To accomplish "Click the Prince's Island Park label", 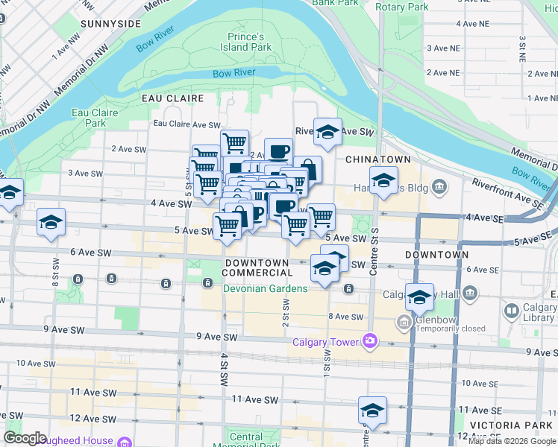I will tap(250, 41).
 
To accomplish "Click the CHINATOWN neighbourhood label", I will tap(374, 159).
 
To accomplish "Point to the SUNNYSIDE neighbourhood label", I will tap(110, 24).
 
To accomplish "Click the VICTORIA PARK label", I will tap(518, 425).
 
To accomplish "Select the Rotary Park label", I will tap(402, 7).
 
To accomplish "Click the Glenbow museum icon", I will tap(404, 323).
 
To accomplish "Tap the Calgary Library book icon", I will tap(512, 310).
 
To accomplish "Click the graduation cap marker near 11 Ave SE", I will tap(372, 410).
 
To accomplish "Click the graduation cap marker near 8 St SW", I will tap(51, 222).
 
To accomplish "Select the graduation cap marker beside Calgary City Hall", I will tap(419, 297).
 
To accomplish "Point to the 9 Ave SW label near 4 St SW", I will tap(217, 337).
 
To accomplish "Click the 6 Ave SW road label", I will tap(90, 253).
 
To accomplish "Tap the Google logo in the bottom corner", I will tap(25, 438).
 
